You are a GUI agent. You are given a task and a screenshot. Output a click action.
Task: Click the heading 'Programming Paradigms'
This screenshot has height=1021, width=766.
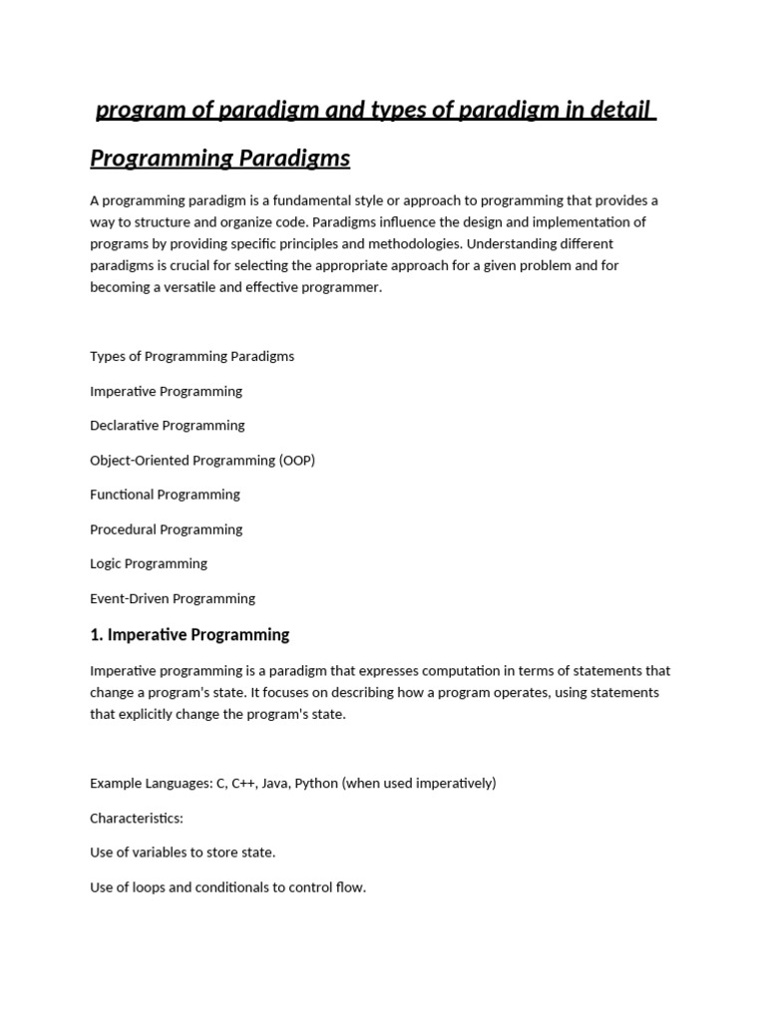[x=219, y=159]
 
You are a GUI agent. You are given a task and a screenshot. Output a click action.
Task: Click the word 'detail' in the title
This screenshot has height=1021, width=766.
[x=620, y=110]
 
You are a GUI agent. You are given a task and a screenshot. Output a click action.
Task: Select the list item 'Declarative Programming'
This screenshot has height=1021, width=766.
[x=167, y=426]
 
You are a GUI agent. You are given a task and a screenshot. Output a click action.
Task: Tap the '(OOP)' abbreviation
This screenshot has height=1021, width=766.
[x=297, y=461]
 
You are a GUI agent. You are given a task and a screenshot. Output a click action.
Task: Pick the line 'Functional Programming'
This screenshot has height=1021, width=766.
[x=165, y=495]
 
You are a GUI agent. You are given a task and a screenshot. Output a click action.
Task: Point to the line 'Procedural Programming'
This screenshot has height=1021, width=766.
[x=166, y=529]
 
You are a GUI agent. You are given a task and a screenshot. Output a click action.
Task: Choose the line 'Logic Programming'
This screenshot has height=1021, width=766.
[x=149, y=563]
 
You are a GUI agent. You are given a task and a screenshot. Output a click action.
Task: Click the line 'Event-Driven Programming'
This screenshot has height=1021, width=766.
[x=173, y=598]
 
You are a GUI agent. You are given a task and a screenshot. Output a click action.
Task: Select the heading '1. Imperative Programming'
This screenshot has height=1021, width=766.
[x=190, y=634]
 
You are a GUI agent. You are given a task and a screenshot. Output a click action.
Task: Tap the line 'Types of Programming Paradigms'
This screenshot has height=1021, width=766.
[x=191, y=356]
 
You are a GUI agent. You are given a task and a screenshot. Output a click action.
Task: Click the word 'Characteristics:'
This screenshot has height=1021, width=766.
[x=137, y=818]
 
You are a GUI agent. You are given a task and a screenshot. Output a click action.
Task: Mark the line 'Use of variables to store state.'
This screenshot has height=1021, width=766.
[x=183, y=852]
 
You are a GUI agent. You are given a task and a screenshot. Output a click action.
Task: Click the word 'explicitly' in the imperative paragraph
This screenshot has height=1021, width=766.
[x=150, y=715]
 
